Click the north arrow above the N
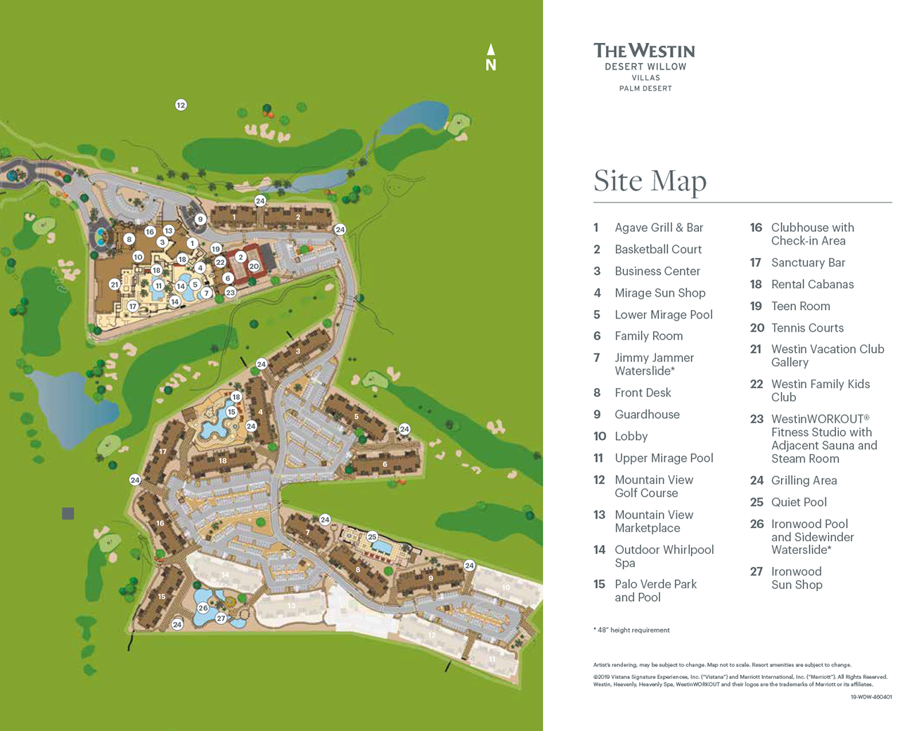[491, 49]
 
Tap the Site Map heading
[650, 181]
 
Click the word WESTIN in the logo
[662, 51]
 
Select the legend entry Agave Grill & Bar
[658, 228]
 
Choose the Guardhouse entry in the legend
[647, 415]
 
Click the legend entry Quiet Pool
[798, 503]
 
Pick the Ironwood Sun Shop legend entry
[796, 578]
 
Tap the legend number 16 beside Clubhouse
[756, 228]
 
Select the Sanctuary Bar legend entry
[808, 263]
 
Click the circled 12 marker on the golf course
[181, 105]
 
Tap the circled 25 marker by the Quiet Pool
[372, 537]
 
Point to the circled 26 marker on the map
[203, 608]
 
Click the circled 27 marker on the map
[221, 619]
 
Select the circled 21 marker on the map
[114, 285]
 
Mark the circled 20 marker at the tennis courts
[254, 266]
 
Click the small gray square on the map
[68, 514]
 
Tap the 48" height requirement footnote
[631, 630]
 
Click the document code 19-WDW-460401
[870, 697]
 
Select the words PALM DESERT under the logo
[645, 89]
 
